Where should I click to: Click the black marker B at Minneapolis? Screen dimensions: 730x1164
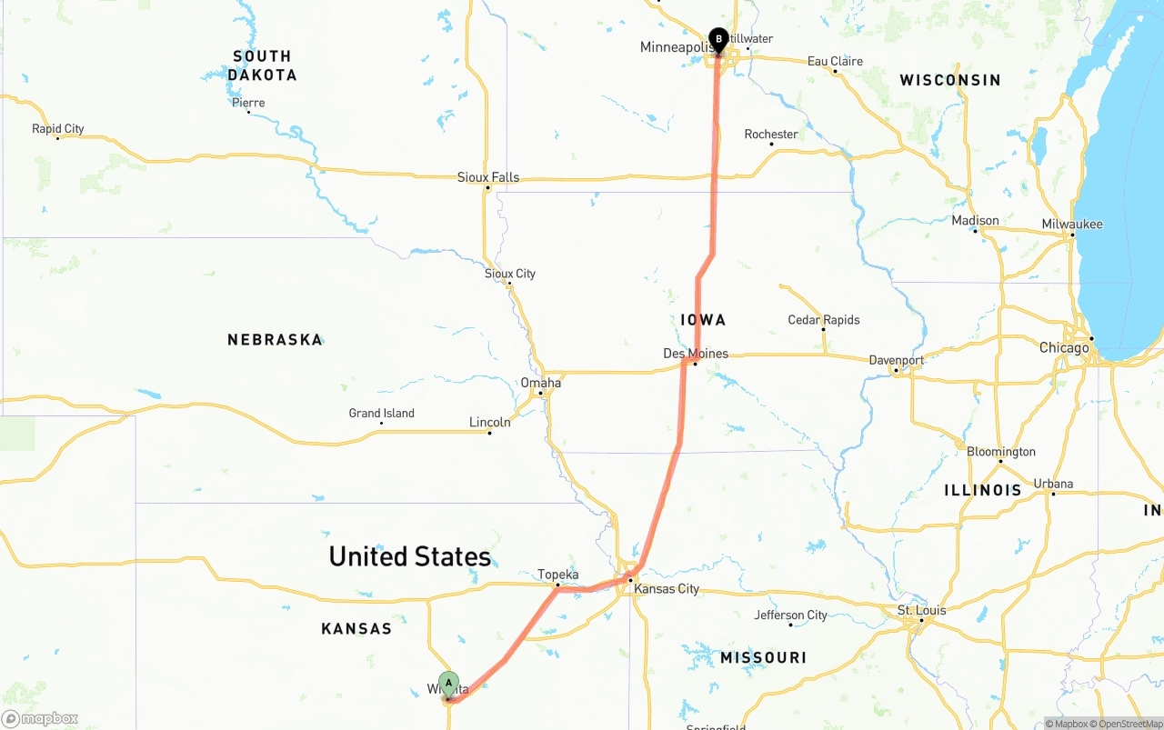[x=718, y=40]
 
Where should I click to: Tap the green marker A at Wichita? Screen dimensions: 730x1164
[x=448, y=684]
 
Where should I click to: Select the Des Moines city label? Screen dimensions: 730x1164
[x=696, y=354]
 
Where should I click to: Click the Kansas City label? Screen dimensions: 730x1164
[x=667, y=589]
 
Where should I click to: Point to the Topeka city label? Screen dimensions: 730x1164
[x=557, y=575]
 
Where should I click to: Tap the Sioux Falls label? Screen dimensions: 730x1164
[x=488, y=177]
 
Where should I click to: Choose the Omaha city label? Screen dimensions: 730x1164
[x=540, y=383]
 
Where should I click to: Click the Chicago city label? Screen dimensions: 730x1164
[x=1064, y=348]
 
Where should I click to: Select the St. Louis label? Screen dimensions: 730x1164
[x=921, y=610]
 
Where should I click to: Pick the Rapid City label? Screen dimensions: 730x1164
[x=58, y=129]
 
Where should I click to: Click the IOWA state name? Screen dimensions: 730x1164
[x=703, y=320]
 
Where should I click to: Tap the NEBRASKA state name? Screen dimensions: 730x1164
[x=275, y=340]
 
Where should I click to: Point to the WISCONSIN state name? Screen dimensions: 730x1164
[x=949, y=81]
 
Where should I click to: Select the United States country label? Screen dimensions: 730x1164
[x=409, y=556]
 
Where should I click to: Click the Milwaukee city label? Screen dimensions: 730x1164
[x=1072, y=225]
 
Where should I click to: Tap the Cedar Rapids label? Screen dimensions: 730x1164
[x=823, y=320]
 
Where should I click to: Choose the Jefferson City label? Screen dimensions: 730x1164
[x=790, y=615]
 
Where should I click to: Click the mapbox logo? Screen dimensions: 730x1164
[x=40, y=719]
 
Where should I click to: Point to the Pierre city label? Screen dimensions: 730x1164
[x=248, y=103]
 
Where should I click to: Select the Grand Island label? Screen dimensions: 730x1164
[x=381, y=414]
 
